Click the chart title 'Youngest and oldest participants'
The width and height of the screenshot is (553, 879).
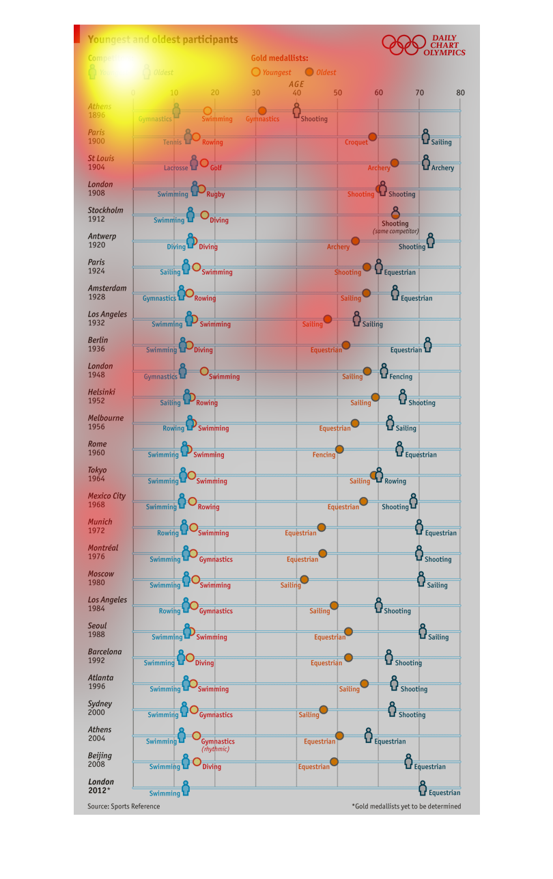162,40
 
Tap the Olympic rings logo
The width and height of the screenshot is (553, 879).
403,45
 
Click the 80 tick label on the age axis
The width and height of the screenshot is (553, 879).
461,93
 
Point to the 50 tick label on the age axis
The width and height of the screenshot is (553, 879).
337,93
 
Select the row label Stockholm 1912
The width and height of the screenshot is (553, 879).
105,215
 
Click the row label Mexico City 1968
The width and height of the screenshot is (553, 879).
107,500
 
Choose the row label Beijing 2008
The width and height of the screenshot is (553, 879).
100,760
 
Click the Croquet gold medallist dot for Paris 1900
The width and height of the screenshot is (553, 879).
372,137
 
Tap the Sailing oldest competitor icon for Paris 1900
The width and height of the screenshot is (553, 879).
425,137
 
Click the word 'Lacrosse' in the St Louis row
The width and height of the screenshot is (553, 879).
175,167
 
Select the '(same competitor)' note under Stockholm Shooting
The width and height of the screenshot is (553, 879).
395,232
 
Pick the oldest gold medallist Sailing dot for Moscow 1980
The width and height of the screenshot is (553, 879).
304,580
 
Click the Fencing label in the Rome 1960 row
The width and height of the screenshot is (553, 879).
324,455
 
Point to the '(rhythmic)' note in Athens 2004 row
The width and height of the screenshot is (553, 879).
215,749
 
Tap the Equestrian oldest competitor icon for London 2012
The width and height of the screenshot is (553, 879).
423,788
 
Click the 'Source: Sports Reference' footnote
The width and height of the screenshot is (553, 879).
124,807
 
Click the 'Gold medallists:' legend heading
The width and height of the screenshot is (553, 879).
279,59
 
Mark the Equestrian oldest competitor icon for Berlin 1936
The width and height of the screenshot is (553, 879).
427,344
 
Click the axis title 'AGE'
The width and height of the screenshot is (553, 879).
296,84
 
